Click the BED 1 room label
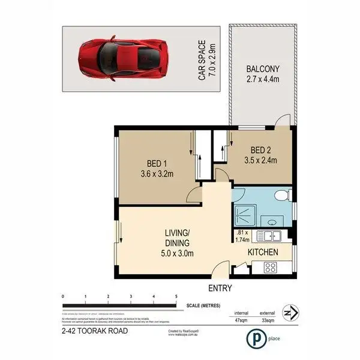tap(152, 169)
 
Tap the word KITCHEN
tap(263, 252)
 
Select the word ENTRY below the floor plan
tap(220, 288)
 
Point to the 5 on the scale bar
tap(176, 297)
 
